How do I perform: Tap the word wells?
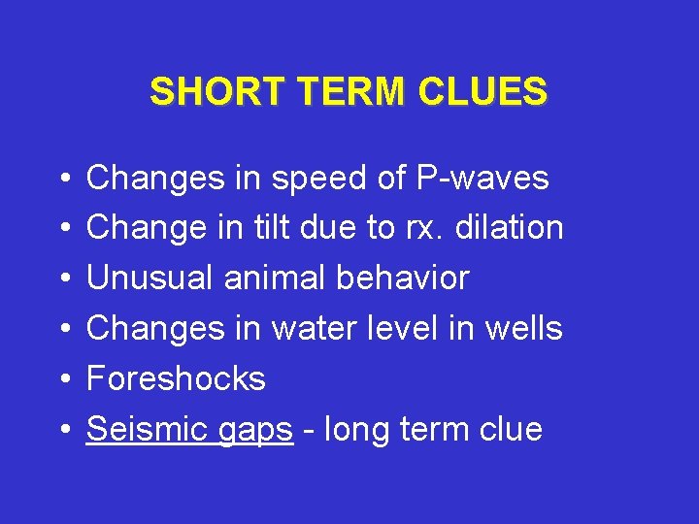(x=523, y=329)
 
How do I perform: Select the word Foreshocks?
(x=176, y=378)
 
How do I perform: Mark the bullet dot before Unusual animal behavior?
(x=62, y=279)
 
